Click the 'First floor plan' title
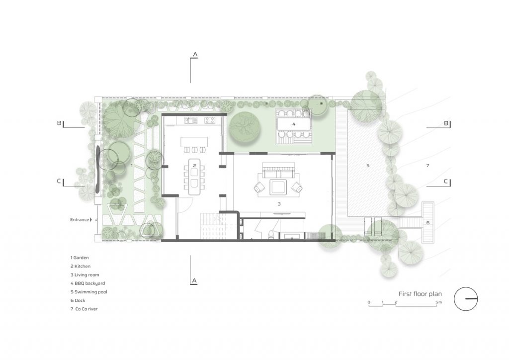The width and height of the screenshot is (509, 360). coord(420,294)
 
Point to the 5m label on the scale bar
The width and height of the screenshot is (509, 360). coord(438,302)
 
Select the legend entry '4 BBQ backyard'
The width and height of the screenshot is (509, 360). coord(87,283)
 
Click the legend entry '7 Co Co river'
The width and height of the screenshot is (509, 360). coord(84,309)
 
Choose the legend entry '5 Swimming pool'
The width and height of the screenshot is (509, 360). coord(88,292)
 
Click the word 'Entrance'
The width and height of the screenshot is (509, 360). coord(80,220)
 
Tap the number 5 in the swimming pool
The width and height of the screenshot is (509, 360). coord(368,166)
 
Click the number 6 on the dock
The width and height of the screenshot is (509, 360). coord(428,223)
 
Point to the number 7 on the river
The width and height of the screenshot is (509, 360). coord(427,166)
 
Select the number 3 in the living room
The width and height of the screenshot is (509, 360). coord(279,204)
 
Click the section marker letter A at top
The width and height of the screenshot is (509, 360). coord(195,54)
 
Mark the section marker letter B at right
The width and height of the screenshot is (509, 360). coord(446,123)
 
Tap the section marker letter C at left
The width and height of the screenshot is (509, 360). coord(59,181)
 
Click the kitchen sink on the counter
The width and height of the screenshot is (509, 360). coord(191,121)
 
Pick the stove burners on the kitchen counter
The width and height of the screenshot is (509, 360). coord(210,121)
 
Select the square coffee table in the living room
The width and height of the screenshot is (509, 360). coord(278,187)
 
